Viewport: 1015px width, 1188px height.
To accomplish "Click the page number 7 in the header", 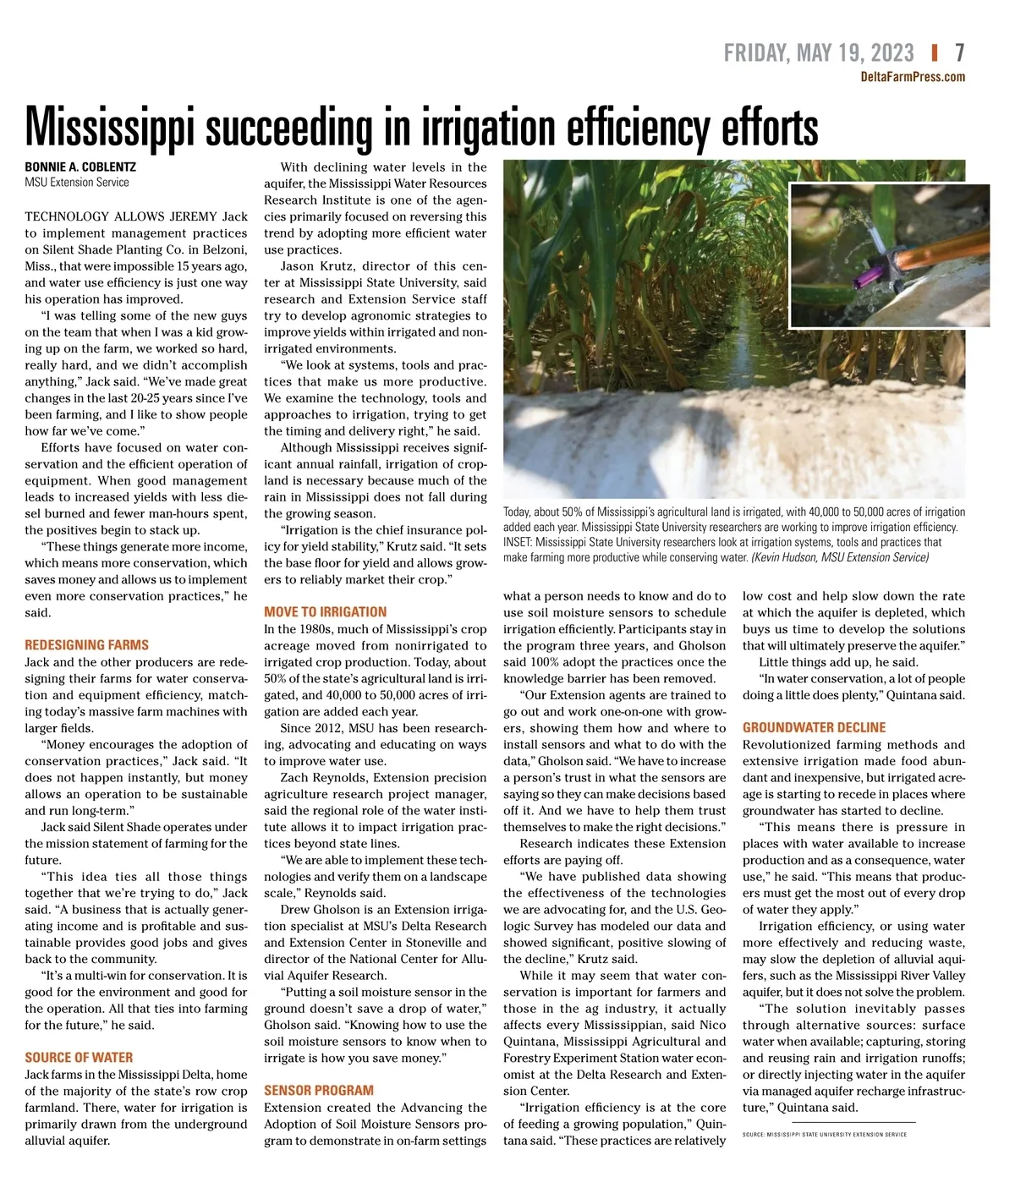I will pyautogui.click(x=959, y=53).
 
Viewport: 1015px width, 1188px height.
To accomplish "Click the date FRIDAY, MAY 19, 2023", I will pyautogui.click(x=819, y=53).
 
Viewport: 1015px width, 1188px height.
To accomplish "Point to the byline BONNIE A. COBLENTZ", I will pyautogui.click(x=80, y=167).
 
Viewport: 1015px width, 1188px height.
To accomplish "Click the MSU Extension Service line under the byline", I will pyautogui.click(x=77, y=182).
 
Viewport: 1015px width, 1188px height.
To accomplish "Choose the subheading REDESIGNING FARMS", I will pyautogui.click(x=86, y=645).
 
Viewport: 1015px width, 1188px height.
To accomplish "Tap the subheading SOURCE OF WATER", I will pyautogui.click(x=79, y=1058).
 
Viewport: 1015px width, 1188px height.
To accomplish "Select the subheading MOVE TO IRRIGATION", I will pyautogui.click(x=325, y=612).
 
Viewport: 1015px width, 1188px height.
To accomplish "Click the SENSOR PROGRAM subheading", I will pyautogui.click(x=319, y=1091).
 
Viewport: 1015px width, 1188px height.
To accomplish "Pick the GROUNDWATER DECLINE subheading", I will pyautogui.click(x=814, y=727).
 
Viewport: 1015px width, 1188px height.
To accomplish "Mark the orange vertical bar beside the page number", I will pyautogui.click(x=935, y=53).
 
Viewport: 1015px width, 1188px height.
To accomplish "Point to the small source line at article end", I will pyautogui.click(x=824, y=1135).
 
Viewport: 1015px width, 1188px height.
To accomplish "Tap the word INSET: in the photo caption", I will pyautogui.click(x=517, y=543).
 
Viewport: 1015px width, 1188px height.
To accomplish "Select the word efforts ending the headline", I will pyautogui.click(x=770, y=129).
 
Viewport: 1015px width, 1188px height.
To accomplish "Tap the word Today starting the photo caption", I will pyautogui.click(x=517, y=512).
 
